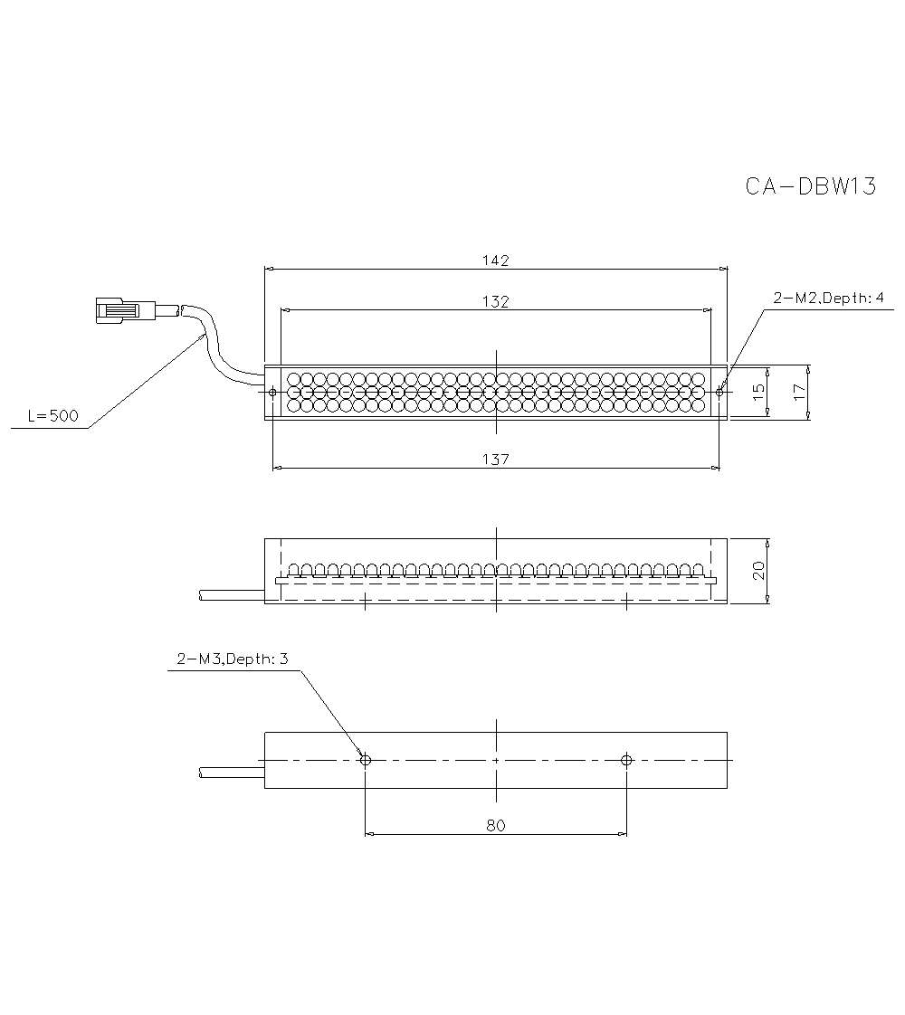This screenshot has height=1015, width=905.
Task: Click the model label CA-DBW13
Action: (x=811, y=186)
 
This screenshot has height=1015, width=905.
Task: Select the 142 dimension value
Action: (x=496, y=261)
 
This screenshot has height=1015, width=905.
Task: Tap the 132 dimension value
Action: (x=496, y=301)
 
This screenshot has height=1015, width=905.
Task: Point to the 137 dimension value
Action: (x=496, y=460)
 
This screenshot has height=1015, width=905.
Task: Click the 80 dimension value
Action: (x=496, y=825)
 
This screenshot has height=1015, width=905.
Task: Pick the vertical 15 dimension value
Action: (x=758, y=392)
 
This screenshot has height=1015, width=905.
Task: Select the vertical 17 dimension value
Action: (x=799, y=392)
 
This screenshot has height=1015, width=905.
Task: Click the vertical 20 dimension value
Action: (x=758, y=570)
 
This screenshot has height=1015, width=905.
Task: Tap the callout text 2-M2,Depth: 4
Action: (x=829, y=299)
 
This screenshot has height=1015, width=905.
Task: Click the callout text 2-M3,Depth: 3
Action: (x=233, y=659)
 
